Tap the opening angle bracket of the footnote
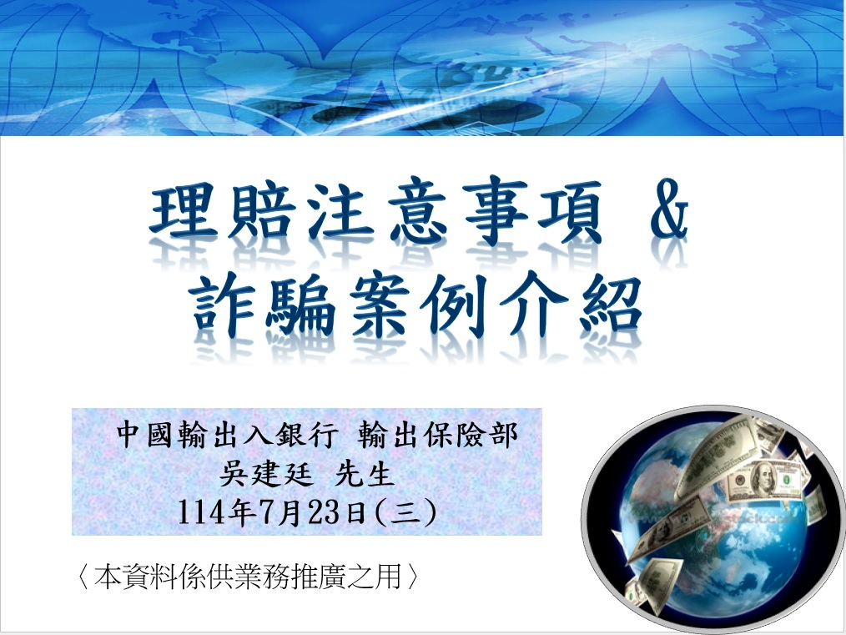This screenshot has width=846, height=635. pos(82,577)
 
